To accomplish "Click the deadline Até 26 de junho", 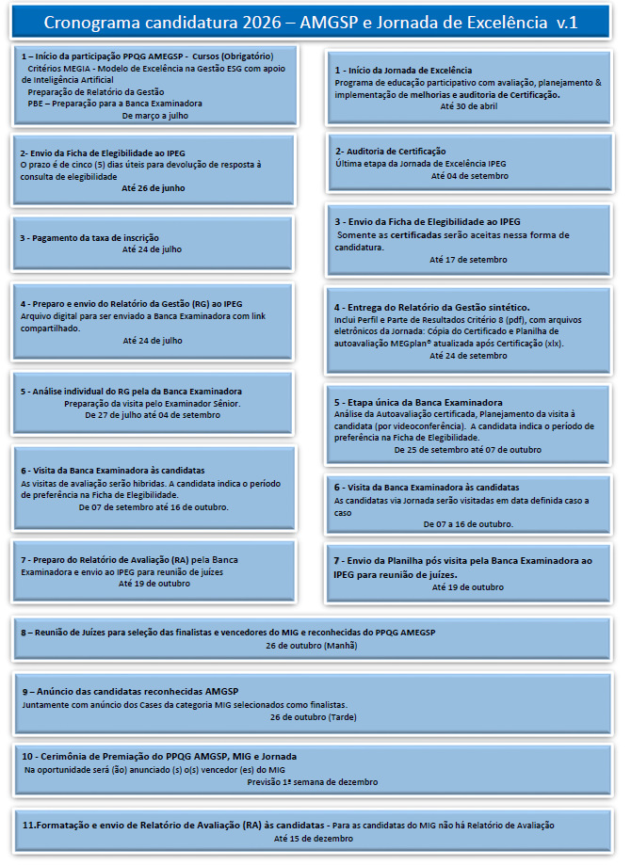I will (x=154, y=188).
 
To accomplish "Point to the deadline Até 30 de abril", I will (x=468, y=106).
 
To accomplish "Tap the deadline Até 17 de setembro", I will (x=468, y=259).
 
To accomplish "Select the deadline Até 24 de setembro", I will (x=468, y=356).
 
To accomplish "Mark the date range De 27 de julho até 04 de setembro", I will (x=153, y=414).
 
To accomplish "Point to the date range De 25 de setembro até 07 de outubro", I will (x=467, y=450).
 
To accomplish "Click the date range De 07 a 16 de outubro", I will (x=468, y=523).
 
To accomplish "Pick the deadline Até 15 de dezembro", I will (x=314, y=838).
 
